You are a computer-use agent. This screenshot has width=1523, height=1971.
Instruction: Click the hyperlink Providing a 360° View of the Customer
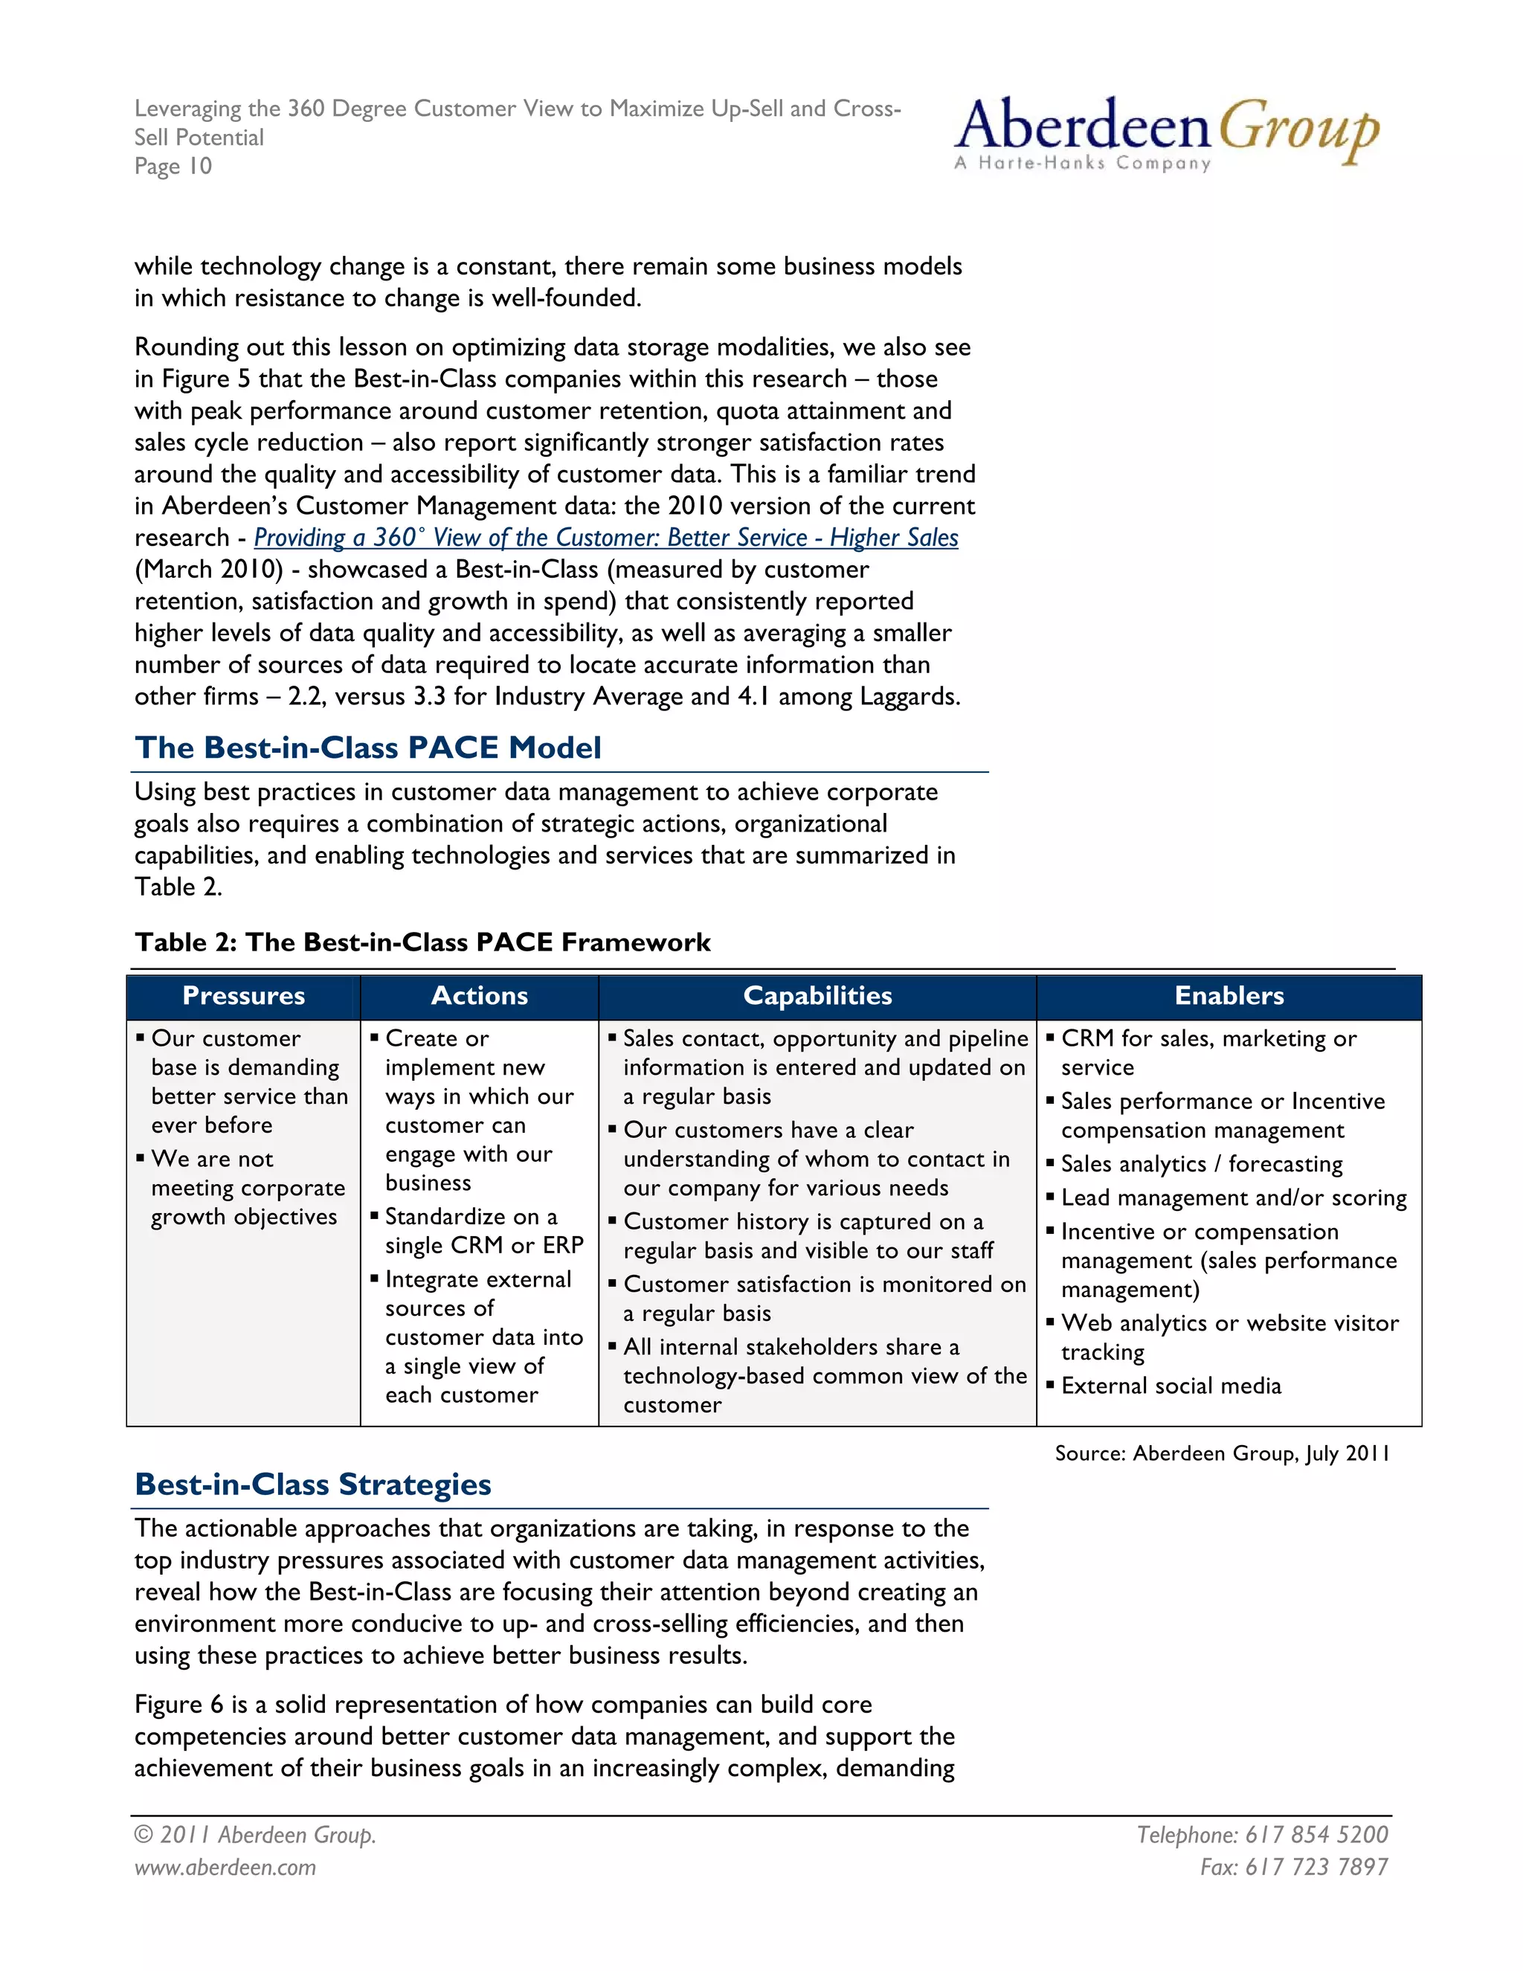point(605,538)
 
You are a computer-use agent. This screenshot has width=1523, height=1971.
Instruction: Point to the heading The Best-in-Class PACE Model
point(368,747)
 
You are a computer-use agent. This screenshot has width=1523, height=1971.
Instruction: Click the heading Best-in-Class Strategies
point(313,1484)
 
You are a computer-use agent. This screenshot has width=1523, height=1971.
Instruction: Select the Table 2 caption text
point(422,942)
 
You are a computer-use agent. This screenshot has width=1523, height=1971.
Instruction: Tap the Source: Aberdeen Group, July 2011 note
point(1222,1453)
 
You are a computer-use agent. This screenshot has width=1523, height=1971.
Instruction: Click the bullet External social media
point(1171,1386)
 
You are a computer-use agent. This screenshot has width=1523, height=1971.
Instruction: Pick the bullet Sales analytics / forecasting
point(1201,1164)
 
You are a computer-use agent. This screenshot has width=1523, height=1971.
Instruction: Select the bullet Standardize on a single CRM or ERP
point(483,1231)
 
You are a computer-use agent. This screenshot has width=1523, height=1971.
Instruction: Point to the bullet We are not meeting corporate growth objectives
point(247,1188)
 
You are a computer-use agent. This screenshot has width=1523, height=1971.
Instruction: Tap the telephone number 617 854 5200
point(1316,1835)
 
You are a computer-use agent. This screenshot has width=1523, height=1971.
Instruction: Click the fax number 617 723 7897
point(1316,1866)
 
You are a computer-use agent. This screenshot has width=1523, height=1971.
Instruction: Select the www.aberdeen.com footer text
point(225,1867)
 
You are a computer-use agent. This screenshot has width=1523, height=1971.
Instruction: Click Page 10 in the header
point(173,166)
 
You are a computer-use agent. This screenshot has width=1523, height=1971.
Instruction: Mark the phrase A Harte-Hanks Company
point(1082,164)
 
